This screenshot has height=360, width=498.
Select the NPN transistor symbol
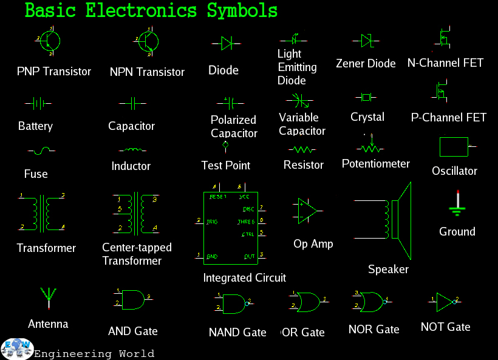point(146,41)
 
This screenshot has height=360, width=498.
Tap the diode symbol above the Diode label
point(227,42)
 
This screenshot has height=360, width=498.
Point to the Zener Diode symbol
point(366,41)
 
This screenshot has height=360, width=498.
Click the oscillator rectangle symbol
point(454,147)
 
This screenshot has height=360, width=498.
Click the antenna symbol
point(48,298)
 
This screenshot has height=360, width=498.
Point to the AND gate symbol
point(133,298)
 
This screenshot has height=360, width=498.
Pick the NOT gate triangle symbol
point(445,300)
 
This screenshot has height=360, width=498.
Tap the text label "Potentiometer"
point(375,164)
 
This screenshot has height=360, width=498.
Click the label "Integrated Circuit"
point(244,278)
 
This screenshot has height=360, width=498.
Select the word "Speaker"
point(388,270)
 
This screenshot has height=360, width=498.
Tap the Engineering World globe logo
point(16,348)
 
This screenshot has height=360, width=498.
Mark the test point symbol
point(225,146)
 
